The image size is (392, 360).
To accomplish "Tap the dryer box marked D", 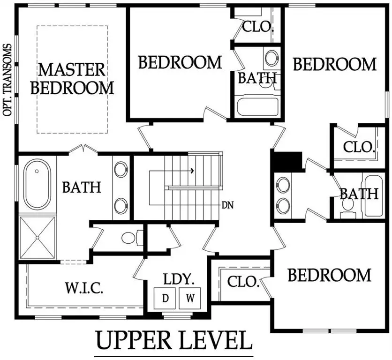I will tap(166, 298).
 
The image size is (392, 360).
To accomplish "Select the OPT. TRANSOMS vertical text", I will tap(8, 80).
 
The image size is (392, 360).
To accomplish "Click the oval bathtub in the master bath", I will tap(38, 185).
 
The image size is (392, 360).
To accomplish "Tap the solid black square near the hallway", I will tap(287, 161).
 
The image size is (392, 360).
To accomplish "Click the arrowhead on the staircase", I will tap(192, 171).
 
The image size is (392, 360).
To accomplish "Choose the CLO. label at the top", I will tap(257, 26).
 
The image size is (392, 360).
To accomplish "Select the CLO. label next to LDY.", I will tap(243, 282).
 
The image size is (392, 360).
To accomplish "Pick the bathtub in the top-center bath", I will tap(257, 106).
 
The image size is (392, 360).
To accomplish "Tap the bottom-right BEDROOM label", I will tap(329, 275).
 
